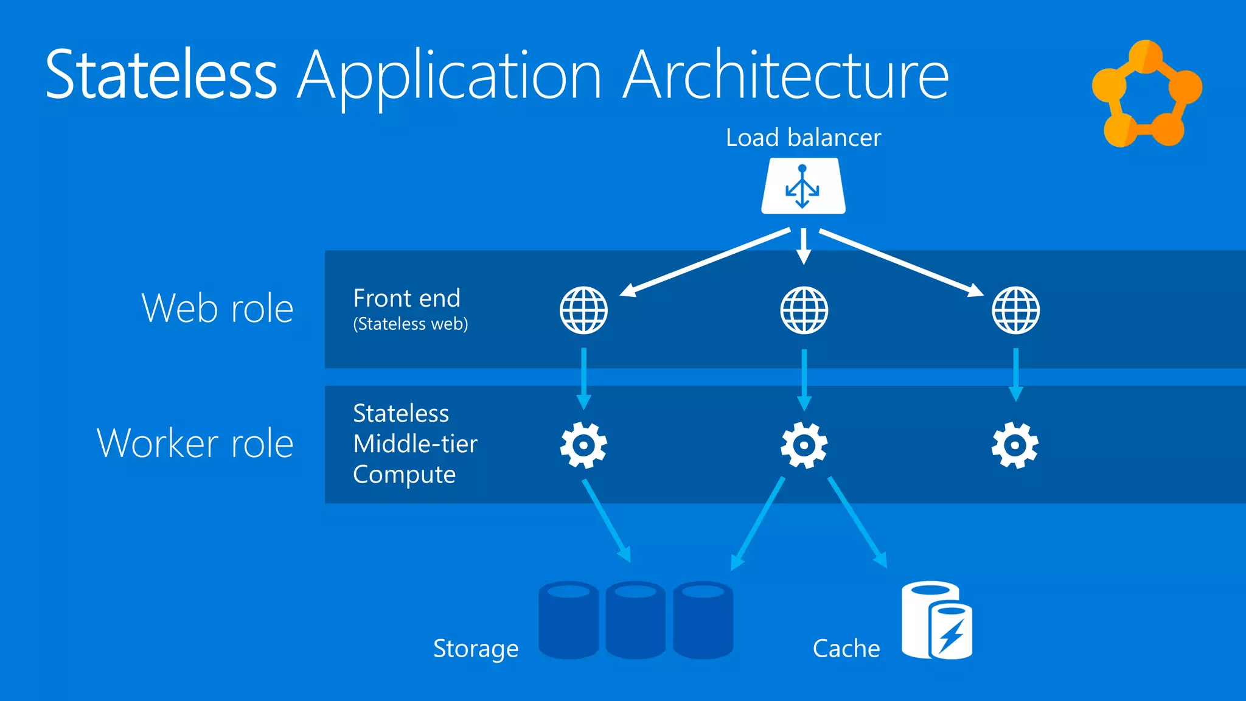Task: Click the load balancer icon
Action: [x=803, y=186]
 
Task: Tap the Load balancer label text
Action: [x=803, y=138]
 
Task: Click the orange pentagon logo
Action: [x=1146, y=94]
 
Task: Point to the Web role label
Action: [x=217, y=308]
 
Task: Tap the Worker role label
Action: [x=195, y=443]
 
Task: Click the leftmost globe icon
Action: [x=583, y=310]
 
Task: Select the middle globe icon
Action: [x=804, y=310]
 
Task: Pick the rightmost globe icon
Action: [x=1015, y=310]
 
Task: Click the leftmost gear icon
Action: [x=583, y=445]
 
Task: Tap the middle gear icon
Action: [x=804, y=445]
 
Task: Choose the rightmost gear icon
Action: [x=1015, y=445]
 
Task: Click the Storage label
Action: [x=476, y=649]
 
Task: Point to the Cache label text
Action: [x=846, y=649]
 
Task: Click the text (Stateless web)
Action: [x=411, y=324]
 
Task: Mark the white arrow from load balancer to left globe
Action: [x=706, y=262]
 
